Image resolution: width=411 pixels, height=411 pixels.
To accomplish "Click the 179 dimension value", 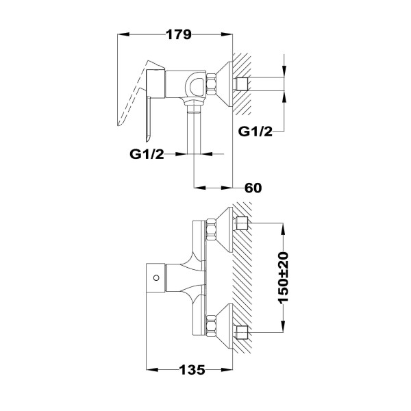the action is [179, 35].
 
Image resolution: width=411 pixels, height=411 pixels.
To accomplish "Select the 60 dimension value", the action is [253, 188].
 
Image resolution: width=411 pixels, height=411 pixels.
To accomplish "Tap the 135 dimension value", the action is [192, 370].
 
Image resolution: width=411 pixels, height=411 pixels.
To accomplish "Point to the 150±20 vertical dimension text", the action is [284, 278].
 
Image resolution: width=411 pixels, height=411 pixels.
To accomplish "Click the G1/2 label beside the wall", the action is [256, 132].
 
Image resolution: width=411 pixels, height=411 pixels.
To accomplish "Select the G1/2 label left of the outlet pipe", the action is [147, 154].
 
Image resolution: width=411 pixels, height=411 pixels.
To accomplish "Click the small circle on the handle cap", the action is [156, 278].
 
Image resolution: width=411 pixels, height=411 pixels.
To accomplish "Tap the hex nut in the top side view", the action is [211, 84].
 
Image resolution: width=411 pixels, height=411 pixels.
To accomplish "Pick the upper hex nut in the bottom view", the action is [211, 229].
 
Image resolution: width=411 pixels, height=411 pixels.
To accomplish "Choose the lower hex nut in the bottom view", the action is [211, 326].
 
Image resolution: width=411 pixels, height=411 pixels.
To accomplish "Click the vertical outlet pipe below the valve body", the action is [194, 129].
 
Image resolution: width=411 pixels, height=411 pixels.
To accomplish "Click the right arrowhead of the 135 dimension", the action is [227, 370].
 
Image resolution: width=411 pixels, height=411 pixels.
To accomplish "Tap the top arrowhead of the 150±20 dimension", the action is [284, 229].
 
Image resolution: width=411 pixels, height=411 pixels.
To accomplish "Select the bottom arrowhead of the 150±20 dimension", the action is [284, 327].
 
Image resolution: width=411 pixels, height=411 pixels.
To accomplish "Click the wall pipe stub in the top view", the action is [242, 84].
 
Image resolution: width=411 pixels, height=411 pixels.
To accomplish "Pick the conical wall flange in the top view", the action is [225, 84].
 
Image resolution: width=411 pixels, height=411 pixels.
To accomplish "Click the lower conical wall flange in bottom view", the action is [225, 326].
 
